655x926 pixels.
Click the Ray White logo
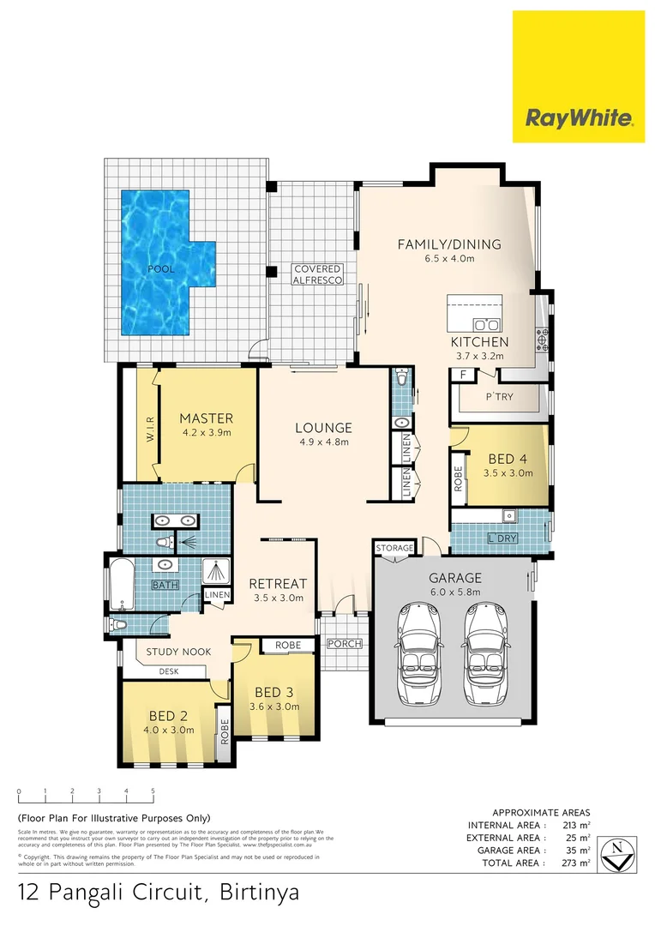(x=579, y=76)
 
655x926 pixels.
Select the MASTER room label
(x=206, y=418)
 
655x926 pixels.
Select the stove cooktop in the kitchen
(x=543, y=340)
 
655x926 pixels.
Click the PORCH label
(x=345, y=644)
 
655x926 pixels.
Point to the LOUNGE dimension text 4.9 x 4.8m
(x=323, y=442)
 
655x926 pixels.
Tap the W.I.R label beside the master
(x=148, y=424)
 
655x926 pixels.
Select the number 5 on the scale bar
(x=153, y=791)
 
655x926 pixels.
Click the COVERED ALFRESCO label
(x=317, y=274)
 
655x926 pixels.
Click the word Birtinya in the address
(x=256, y=893)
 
